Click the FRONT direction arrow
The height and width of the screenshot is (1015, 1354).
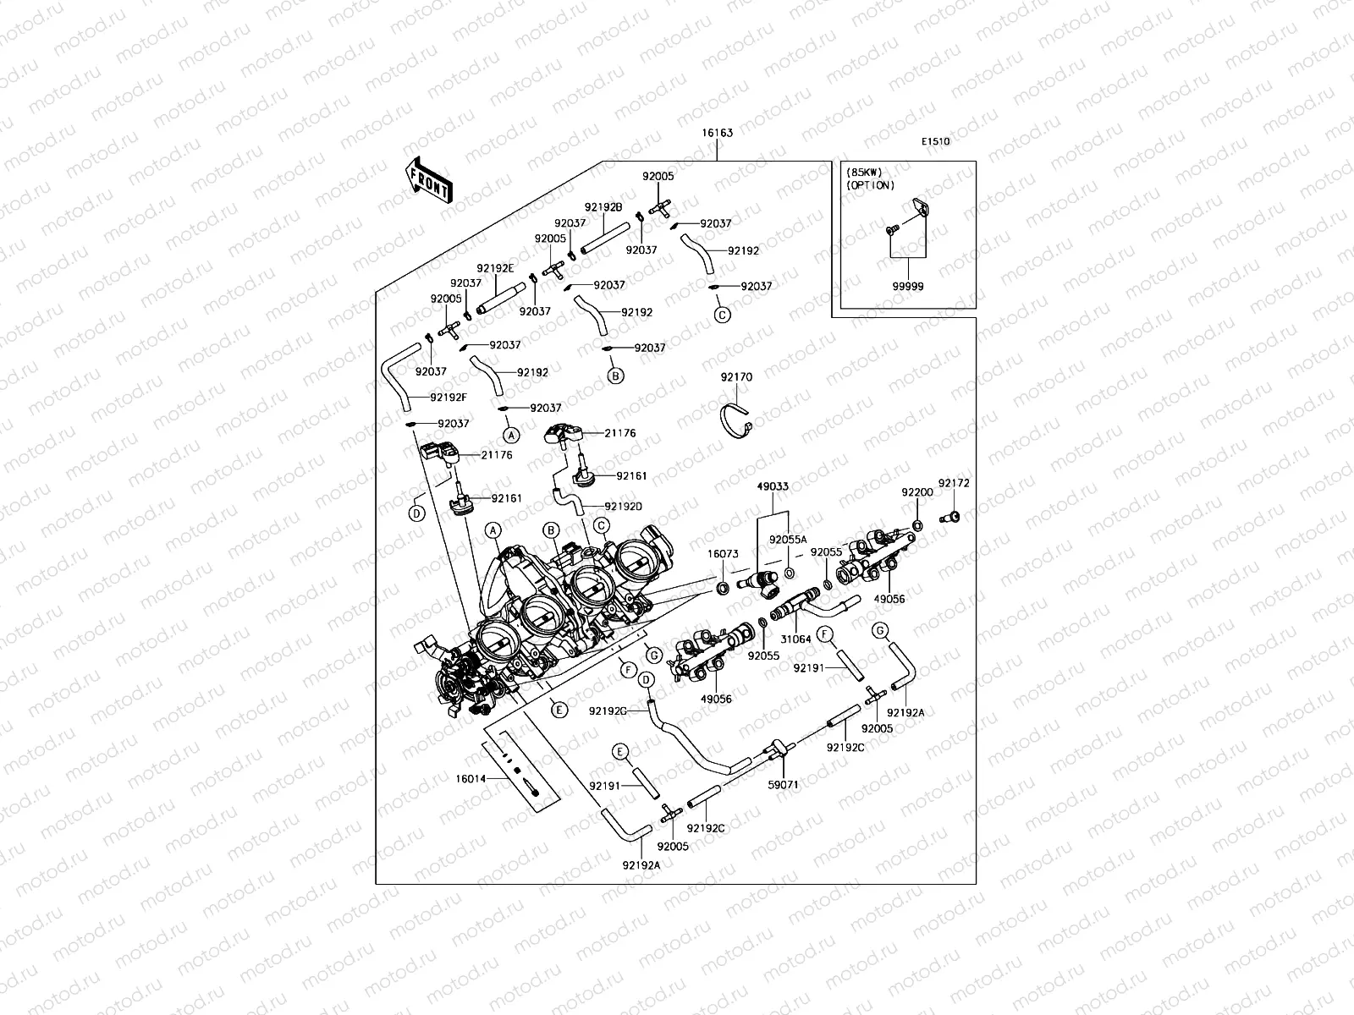[430, 180]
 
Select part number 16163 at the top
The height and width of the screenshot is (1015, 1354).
[717, 133]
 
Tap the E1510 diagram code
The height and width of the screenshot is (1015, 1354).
[936, 141]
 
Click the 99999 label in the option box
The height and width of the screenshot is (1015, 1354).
[907, 287]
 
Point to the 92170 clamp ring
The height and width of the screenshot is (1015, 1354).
[736, 421]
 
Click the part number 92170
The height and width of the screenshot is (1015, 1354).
[736, 377]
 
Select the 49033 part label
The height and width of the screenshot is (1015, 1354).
[773, 486]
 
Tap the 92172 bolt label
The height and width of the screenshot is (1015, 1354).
[954, 484]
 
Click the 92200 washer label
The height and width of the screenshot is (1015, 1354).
[916, 492]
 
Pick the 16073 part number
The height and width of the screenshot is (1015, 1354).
[724, 554]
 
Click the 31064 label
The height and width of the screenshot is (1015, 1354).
[795, 639]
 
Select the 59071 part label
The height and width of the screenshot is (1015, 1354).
[784, 784]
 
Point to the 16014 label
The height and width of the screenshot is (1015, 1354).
[471, 778]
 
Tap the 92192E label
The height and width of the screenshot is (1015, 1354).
[495, 267]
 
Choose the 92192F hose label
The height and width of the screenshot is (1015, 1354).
[449, 397]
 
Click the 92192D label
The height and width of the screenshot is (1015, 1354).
[623, 506]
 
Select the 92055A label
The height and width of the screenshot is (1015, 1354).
[788, 539]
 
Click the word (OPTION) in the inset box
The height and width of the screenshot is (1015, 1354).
[870, 185]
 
